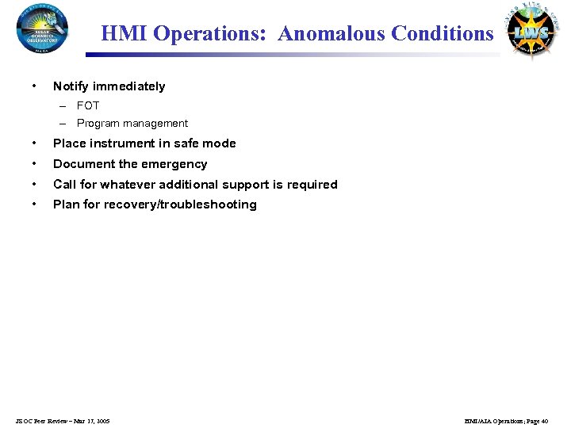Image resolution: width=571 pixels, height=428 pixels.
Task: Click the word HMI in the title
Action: [x=125, y=34]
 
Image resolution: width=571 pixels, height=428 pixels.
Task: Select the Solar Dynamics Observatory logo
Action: [x=41, y=28]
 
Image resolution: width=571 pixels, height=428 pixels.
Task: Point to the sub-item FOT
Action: [x=88, y=105]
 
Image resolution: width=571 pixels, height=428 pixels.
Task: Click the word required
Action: [x=313, y=185]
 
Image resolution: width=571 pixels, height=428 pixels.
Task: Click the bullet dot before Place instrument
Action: [x=33, y=143]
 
